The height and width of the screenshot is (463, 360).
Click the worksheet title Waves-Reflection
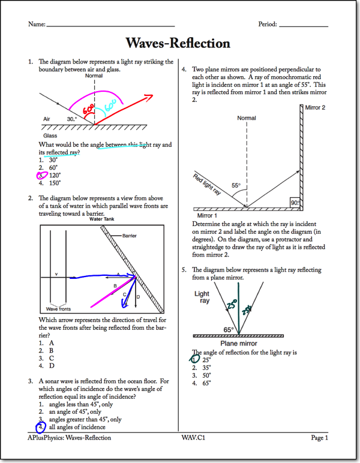[x=178, y=43]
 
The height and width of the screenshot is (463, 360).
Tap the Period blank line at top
[x=304, y=26]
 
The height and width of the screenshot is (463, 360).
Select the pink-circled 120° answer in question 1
[x=48, y=176]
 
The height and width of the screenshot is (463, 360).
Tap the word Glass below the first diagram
[x=50, y=136]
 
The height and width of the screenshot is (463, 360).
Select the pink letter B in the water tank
[x=115, y=285]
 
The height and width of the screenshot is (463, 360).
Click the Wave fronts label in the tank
[x=59, y=309]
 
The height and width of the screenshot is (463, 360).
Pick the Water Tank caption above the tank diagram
[x=101, y=220]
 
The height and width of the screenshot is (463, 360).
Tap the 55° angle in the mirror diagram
[x=236, y=186]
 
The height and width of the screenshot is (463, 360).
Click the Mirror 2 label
[x=315, y=107]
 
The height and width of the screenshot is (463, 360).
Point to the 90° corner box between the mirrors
[x=295, y=203]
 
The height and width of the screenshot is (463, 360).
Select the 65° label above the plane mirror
[x=228, y=329]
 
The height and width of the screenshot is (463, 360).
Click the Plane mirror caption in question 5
[x=238, y=344]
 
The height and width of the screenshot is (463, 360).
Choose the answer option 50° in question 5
[x=206, y=375]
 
